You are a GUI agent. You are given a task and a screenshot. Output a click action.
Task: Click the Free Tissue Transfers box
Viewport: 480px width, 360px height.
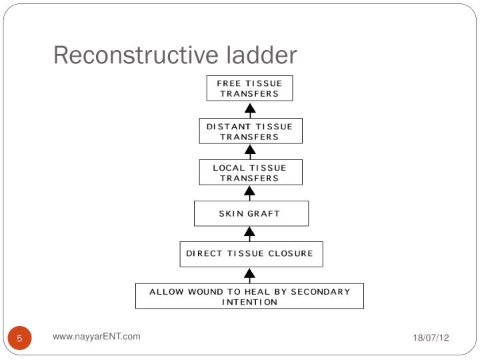pyautogui.click(x=250, y=89)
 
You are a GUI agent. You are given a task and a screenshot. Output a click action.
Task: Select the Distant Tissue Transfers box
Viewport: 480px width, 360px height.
pyautogui.click(x=250, y=131)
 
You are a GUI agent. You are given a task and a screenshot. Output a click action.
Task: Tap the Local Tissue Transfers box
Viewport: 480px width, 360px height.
pyautogui.click(x=250, y=172)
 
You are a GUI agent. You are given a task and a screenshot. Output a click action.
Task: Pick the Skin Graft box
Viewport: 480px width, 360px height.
pyautogui.click(x=251, y=214)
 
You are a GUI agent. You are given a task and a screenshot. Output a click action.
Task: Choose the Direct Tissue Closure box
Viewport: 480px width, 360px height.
pyautogui.click(x=251, y=254)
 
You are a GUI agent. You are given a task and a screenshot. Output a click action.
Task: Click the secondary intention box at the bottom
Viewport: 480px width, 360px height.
pyautogui.click(x=249, y=296)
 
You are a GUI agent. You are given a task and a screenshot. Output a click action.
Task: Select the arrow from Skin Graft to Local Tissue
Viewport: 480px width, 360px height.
pyautogui.click(x=250, y=193)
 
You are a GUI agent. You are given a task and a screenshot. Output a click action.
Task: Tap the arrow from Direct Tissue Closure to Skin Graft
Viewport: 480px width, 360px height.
pyautogui.click(x=250, y=233)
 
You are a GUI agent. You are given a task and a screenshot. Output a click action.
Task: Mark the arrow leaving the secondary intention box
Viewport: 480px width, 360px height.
pyautogui.click(x=250, y=275)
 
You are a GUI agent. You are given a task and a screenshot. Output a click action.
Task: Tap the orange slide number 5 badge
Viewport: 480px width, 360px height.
pyautogui.click(x=20, y=339)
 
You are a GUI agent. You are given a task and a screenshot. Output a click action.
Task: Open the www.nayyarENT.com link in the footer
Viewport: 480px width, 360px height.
pyautogui.click(x=97, y=337)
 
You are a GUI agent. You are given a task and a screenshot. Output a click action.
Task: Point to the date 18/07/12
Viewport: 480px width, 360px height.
pyautogui.click(x=431, y=338)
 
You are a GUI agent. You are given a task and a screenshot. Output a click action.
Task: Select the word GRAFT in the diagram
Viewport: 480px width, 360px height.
pyautogui.click(x=265, y=214)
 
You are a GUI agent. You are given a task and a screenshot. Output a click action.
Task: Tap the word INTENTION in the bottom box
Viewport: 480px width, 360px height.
pyautogui.click(x=249, y=302)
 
